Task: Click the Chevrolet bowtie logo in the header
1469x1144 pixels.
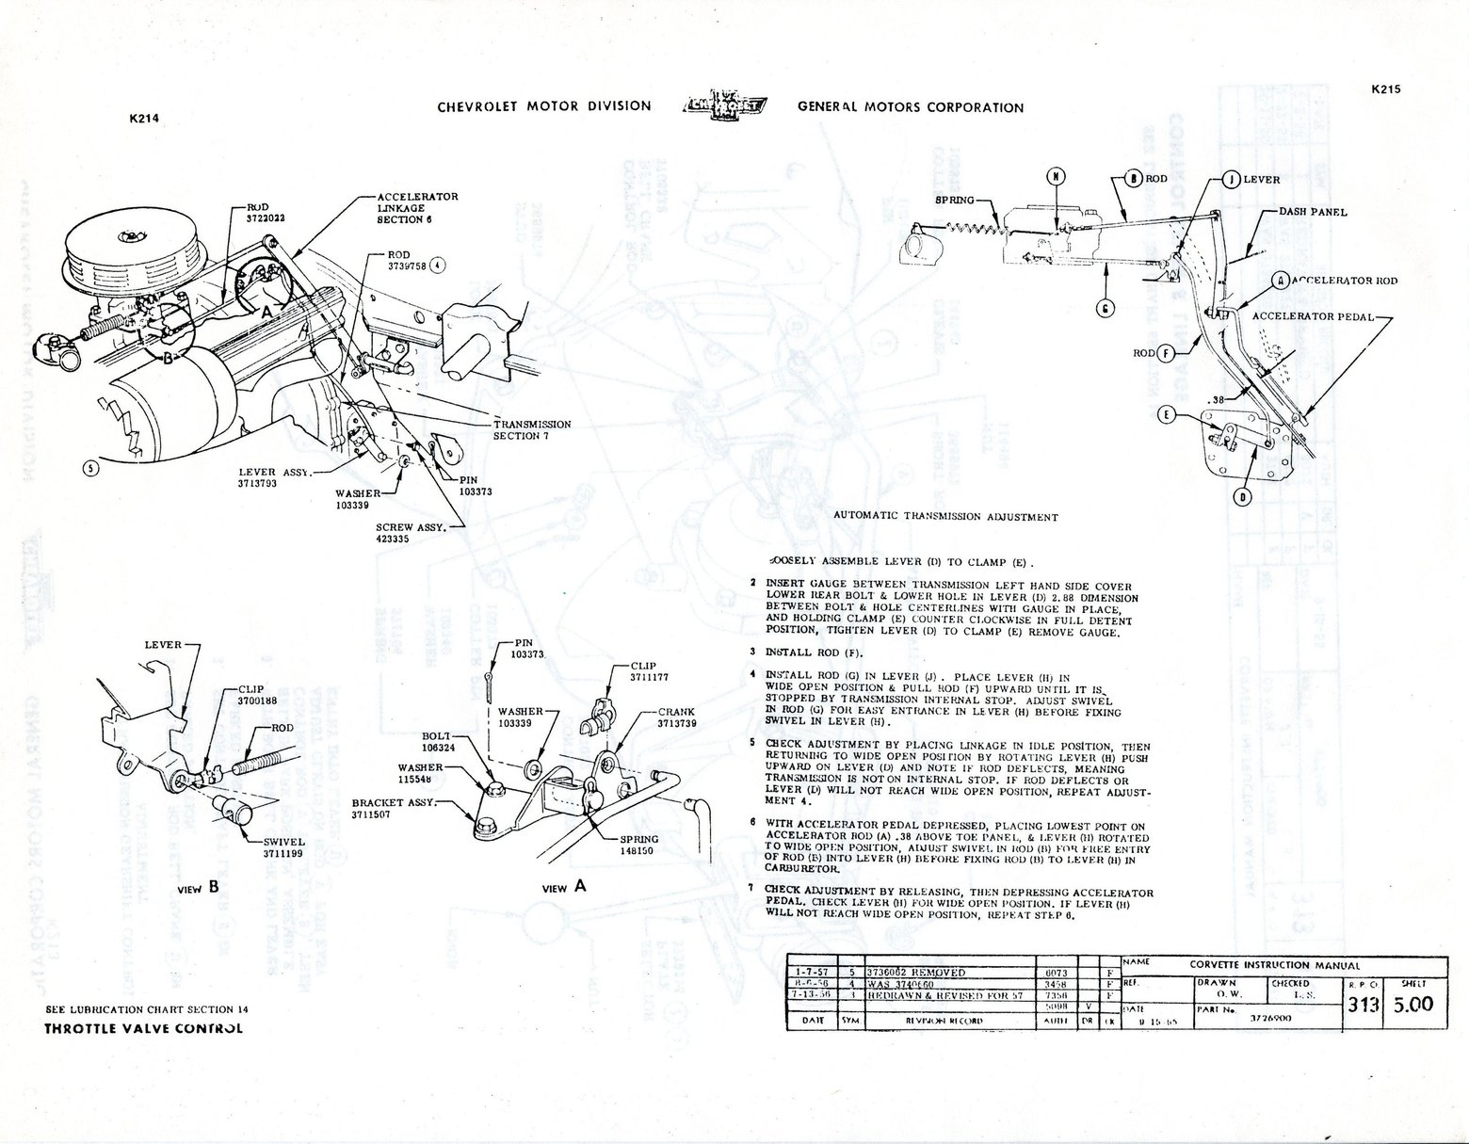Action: coord(723,105)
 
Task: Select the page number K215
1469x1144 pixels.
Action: coord(1386,89)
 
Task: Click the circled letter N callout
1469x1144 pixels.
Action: coord(1057,177)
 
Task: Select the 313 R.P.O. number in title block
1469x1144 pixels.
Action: coord(1362,1005)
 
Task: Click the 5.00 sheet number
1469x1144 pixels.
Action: coord(1413,1004)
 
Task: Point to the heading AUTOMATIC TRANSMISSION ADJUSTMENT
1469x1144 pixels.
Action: coord(945,517)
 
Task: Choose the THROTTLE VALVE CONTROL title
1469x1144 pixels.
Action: coord(143,1028)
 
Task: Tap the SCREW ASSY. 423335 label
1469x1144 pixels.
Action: coord(408,533)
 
